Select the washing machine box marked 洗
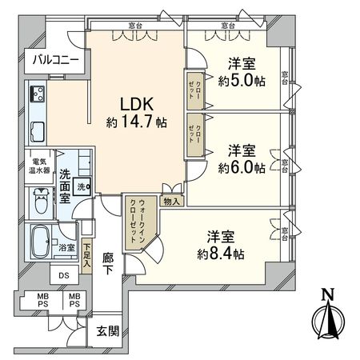pos(82,187)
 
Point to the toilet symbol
pos(41,200)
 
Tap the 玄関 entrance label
pos(106,331)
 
